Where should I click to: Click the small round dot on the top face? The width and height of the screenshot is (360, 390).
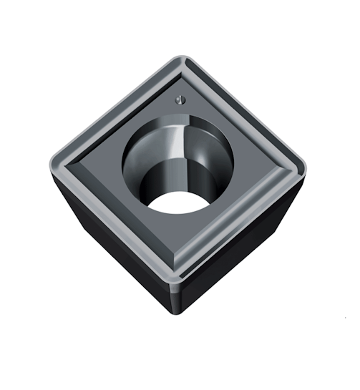(178, 101)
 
